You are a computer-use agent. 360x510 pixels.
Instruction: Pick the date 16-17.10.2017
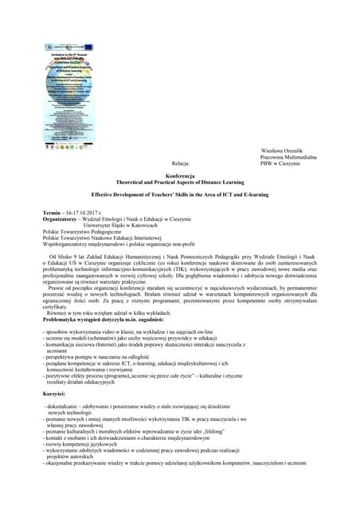(x=88, y=214)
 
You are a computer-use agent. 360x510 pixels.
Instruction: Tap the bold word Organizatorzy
(x=63, y=221)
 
